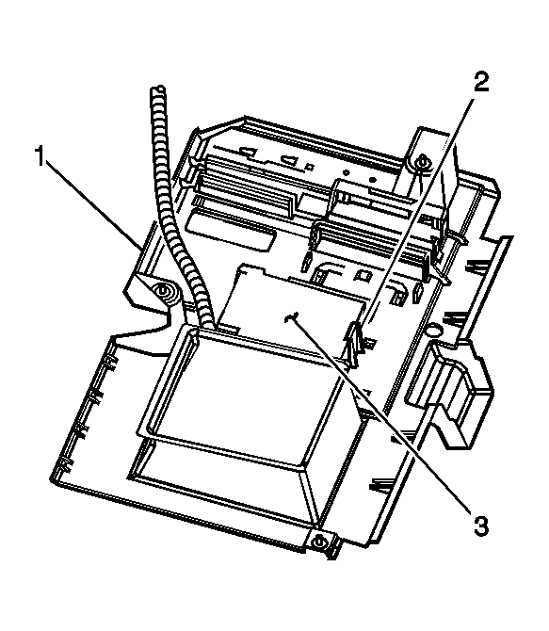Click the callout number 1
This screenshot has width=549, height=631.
40,156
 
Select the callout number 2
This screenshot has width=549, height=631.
480,81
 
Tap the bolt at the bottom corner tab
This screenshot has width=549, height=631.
319,541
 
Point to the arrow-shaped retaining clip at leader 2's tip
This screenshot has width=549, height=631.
353,343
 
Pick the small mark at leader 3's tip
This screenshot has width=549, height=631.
290,318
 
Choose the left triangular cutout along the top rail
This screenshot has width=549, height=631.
249,152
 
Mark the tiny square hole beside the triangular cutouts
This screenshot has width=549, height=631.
310,166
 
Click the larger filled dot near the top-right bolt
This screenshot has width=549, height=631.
372,179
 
